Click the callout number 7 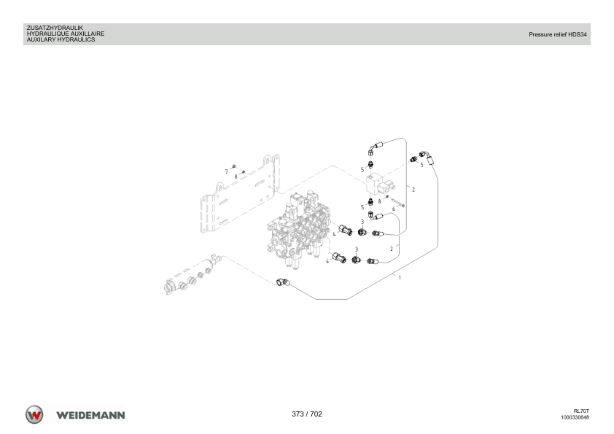226,171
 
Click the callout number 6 394,209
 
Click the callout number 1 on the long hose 400,278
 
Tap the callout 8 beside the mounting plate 236,177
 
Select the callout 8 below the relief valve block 379,202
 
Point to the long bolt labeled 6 397,203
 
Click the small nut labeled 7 234,166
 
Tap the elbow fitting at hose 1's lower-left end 283,282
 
